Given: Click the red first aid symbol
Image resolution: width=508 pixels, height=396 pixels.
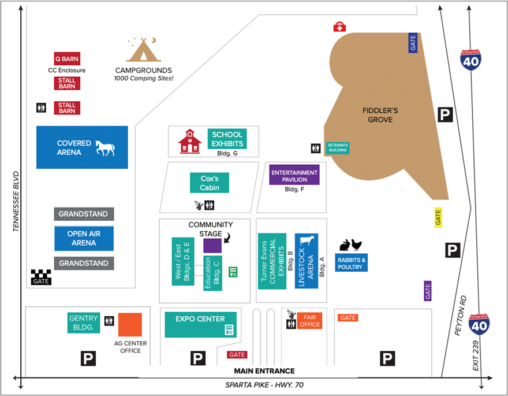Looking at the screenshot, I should coord(340,27).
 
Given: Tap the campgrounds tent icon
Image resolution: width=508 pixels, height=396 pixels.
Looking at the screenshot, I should coord(144,50).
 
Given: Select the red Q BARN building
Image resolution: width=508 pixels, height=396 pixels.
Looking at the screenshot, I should coord(67,58).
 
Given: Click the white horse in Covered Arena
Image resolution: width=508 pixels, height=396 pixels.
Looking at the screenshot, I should coord(105,147).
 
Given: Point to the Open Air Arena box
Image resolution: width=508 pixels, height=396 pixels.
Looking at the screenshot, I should coord(84,239).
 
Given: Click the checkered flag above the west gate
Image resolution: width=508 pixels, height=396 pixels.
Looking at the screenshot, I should coord(40,273).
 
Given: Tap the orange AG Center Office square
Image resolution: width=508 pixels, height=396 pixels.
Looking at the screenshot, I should coord(130,325).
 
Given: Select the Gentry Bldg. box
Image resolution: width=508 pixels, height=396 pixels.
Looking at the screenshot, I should coord(84,323).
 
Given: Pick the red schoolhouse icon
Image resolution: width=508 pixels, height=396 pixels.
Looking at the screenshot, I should coord(189,141).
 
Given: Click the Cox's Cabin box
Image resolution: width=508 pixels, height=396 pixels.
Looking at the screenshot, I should coord(210,183).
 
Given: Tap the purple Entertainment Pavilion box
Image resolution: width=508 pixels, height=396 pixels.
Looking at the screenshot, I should coord(294,175).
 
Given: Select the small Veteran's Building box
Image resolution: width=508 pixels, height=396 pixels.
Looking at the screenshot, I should coord(338,147).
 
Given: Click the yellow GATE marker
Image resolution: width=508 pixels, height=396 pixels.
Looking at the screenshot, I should coord(438,217).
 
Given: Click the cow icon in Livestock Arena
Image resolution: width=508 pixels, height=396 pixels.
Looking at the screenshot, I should coord(306,241).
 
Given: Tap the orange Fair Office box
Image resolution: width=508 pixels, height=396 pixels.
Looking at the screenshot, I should coord(309,320).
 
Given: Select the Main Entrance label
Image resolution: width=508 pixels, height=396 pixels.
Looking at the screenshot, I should coord(264,371).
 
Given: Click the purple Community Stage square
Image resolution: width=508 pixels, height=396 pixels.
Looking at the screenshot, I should coord(212,245).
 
